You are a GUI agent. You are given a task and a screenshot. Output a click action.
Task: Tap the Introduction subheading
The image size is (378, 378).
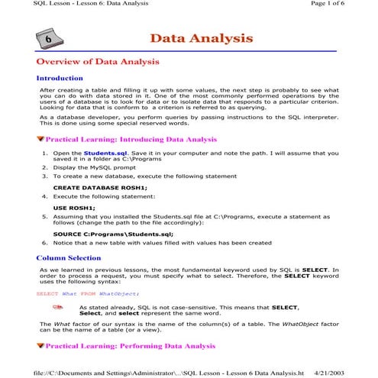coord(60,78)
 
